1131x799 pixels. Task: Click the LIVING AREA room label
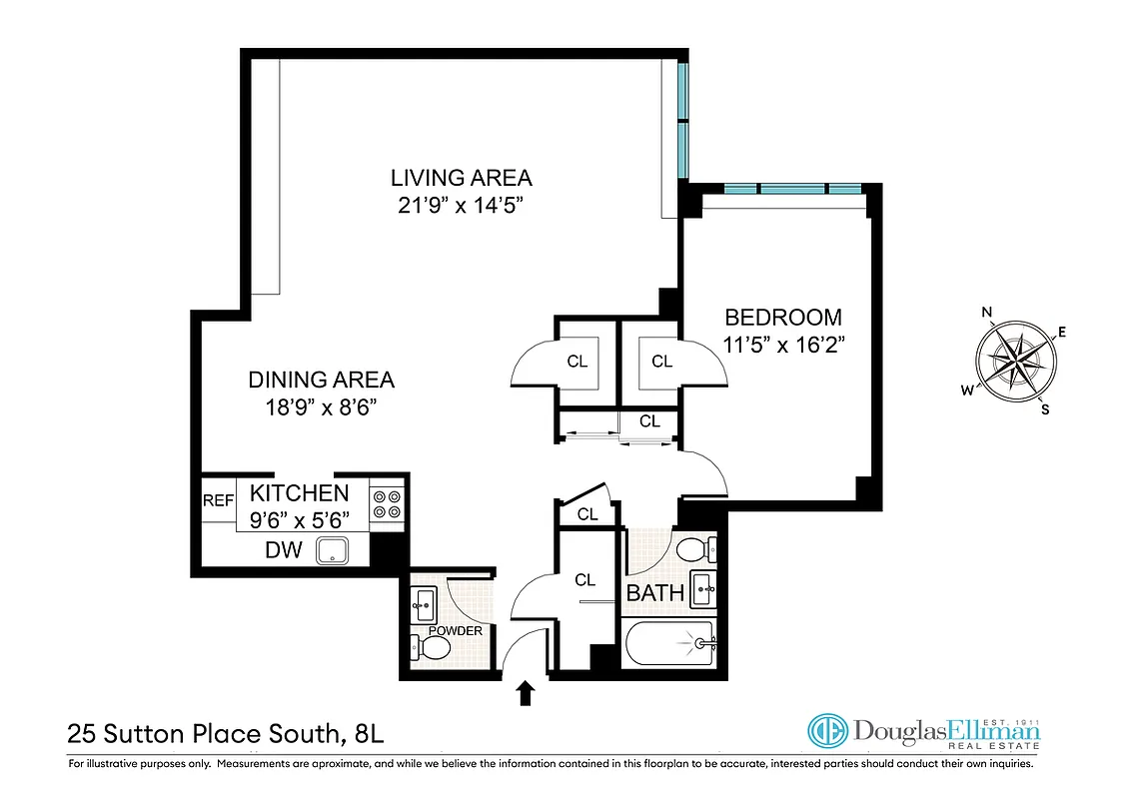[461, 179]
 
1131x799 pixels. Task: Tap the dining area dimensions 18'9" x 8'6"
[321, 406]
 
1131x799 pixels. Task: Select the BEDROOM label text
[782, 318]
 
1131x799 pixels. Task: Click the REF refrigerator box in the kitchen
[218, 500]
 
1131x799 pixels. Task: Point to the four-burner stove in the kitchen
[388, 502]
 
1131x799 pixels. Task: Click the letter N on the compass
[987, 312]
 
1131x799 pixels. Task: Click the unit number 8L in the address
[368, 735]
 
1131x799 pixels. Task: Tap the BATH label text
[654, 593]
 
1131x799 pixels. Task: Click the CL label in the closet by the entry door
[584, 579]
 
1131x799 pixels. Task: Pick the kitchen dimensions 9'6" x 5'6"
[299, 519]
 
